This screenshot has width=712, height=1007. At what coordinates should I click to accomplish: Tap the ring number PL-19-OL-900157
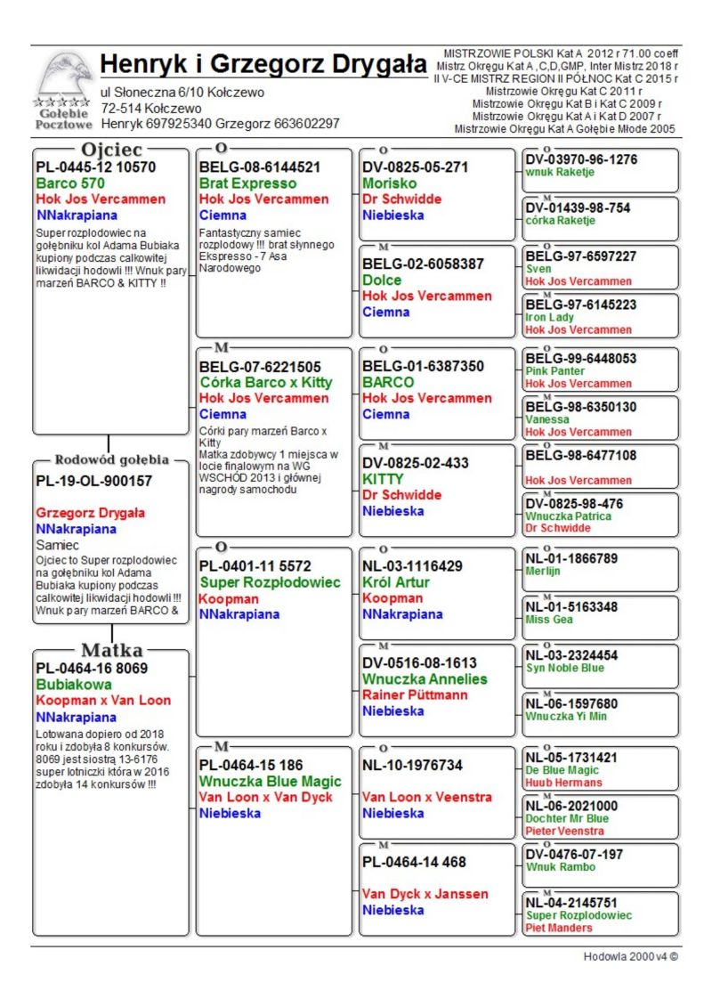[93, 481]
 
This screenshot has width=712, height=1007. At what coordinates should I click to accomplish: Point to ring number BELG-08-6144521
[260, 167]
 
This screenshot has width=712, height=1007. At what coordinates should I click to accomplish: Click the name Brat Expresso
[248, 183]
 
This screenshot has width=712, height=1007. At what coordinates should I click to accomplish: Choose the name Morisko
[390, 183]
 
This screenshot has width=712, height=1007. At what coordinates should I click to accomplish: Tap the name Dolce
[382, 280]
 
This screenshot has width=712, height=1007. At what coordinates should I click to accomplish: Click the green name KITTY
[383, 479]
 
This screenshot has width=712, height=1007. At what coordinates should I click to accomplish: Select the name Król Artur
[396, 582]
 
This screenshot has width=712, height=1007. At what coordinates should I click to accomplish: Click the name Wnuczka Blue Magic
[271, 782]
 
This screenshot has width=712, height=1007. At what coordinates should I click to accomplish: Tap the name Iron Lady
[550, 317]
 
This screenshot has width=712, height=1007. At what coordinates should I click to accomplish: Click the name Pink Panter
[555, 371]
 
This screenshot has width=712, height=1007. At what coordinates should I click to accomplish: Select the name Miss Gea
[549, 620]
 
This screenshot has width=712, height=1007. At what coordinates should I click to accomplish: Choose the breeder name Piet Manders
[558, 928]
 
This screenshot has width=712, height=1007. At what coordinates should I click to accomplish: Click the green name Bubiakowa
[74, 685]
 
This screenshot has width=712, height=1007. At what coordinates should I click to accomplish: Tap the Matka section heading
[112, 650]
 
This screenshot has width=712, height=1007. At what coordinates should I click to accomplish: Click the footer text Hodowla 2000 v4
[630, 956]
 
